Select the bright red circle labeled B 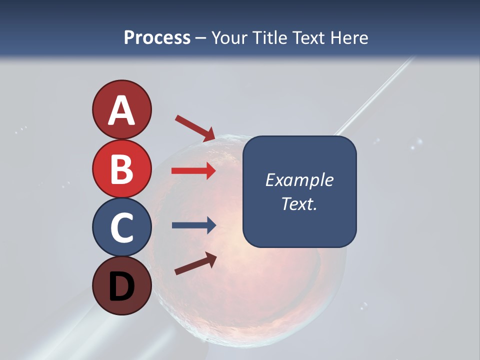point(121,168)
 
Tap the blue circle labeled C point(121,227)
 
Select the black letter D point(121,286)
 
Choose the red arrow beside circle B point(193,171)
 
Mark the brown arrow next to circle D point(195,263)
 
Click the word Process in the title point(157,38)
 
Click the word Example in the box point(299,180)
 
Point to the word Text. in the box point(299,203)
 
